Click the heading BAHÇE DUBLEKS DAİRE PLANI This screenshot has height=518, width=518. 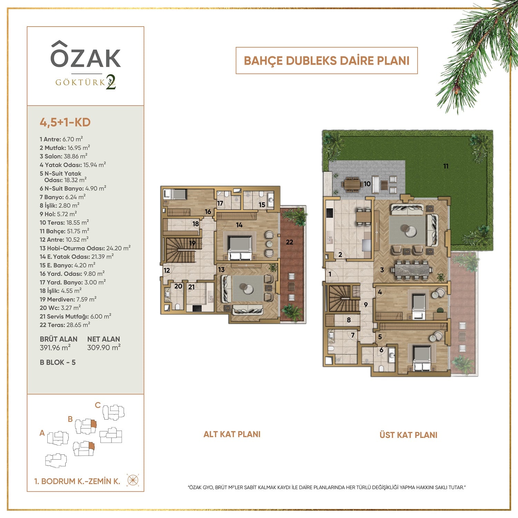327,61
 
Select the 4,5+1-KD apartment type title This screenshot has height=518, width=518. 65,122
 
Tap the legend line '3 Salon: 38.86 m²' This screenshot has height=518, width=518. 64,156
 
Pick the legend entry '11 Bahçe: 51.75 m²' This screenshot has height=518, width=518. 65,231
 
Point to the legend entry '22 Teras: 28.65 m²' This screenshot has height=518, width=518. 65,325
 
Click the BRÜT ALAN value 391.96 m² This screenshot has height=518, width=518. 55,347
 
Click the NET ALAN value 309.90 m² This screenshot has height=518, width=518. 104,347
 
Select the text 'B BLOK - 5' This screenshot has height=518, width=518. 58,362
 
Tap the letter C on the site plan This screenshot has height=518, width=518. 98,405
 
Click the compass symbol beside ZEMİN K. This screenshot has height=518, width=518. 133,480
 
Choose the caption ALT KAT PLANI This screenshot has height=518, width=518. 232,434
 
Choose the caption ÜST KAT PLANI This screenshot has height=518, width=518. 409,435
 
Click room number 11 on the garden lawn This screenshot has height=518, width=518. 446,166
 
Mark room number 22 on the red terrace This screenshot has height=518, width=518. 289,242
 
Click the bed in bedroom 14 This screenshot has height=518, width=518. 240,248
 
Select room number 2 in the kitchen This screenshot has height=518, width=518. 340,255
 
